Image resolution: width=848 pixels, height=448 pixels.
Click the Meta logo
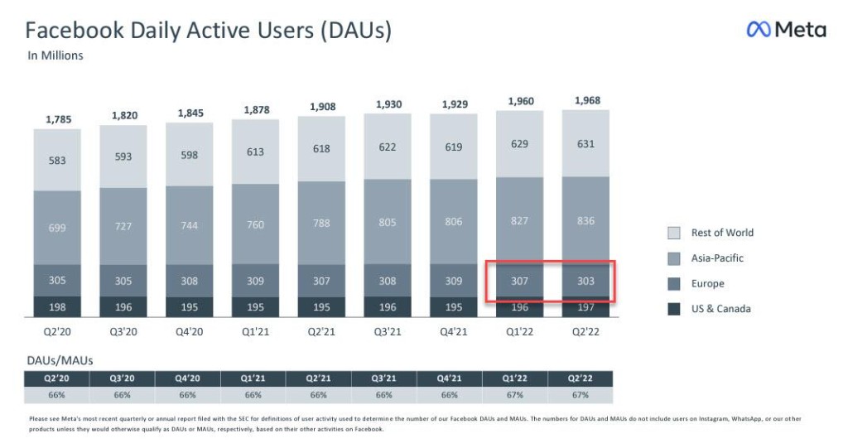coord(786,30)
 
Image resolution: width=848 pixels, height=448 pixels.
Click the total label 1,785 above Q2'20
coord(58,119)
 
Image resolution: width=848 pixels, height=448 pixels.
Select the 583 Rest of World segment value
coord(57,160)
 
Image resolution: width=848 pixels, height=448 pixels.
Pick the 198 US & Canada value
coord(57,308)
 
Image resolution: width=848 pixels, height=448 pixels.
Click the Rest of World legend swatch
coord(673,233)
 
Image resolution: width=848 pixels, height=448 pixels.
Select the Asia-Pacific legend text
coord(717,258)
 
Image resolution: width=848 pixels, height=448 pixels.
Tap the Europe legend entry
coord(707,283)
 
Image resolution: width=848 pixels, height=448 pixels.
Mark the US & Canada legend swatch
coord(673,309)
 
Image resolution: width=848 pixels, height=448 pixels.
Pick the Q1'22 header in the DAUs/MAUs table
coord(515,378)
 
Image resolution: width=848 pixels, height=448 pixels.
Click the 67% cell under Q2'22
coord(581,395)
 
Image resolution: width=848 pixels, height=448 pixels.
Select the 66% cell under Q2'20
coord(57,395)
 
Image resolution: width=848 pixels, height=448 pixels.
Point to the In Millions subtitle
coord(55,56)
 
